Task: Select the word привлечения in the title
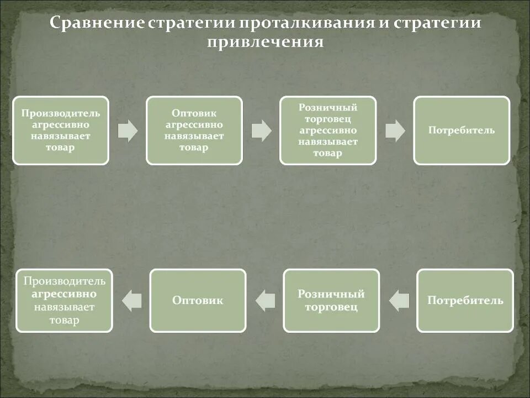pos(265,43)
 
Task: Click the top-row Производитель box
pos(61,130)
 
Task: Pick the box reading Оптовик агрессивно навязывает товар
pos(194,130)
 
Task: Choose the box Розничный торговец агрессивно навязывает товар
pos(328,130)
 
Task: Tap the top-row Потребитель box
pos(462,130)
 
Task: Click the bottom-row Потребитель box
pos(465,301)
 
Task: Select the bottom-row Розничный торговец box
pos(331,301)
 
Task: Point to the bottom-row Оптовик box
pos(198,301)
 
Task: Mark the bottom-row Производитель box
pos(64,301)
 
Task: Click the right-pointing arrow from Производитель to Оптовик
pos(128,130)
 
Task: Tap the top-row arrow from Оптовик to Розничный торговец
pos(261,130)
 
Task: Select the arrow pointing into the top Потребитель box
pos(395,130)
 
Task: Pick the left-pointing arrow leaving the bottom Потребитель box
pos(399,301)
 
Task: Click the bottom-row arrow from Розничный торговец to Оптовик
pos(266,301)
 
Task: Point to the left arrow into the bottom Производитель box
pos(132,301)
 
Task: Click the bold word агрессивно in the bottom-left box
pos(64,294)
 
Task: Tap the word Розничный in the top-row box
pos(328,107)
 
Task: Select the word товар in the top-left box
pos(61,148)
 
